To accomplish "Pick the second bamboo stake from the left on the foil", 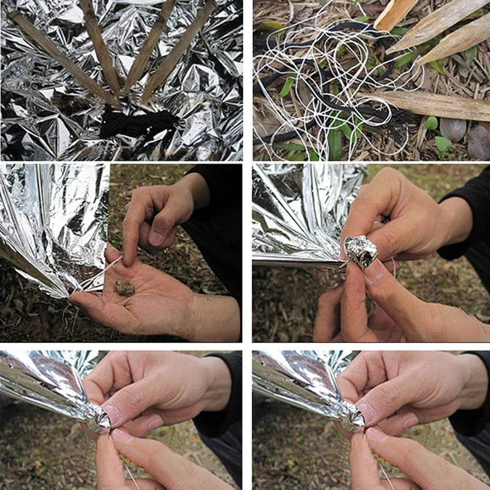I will click(101, 49).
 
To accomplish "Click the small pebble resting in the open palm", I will click(125, 287).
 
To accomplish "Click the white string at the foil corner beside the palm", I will click(101, 273).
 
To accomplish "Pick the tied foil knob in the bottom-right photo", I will click(352, 417).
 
